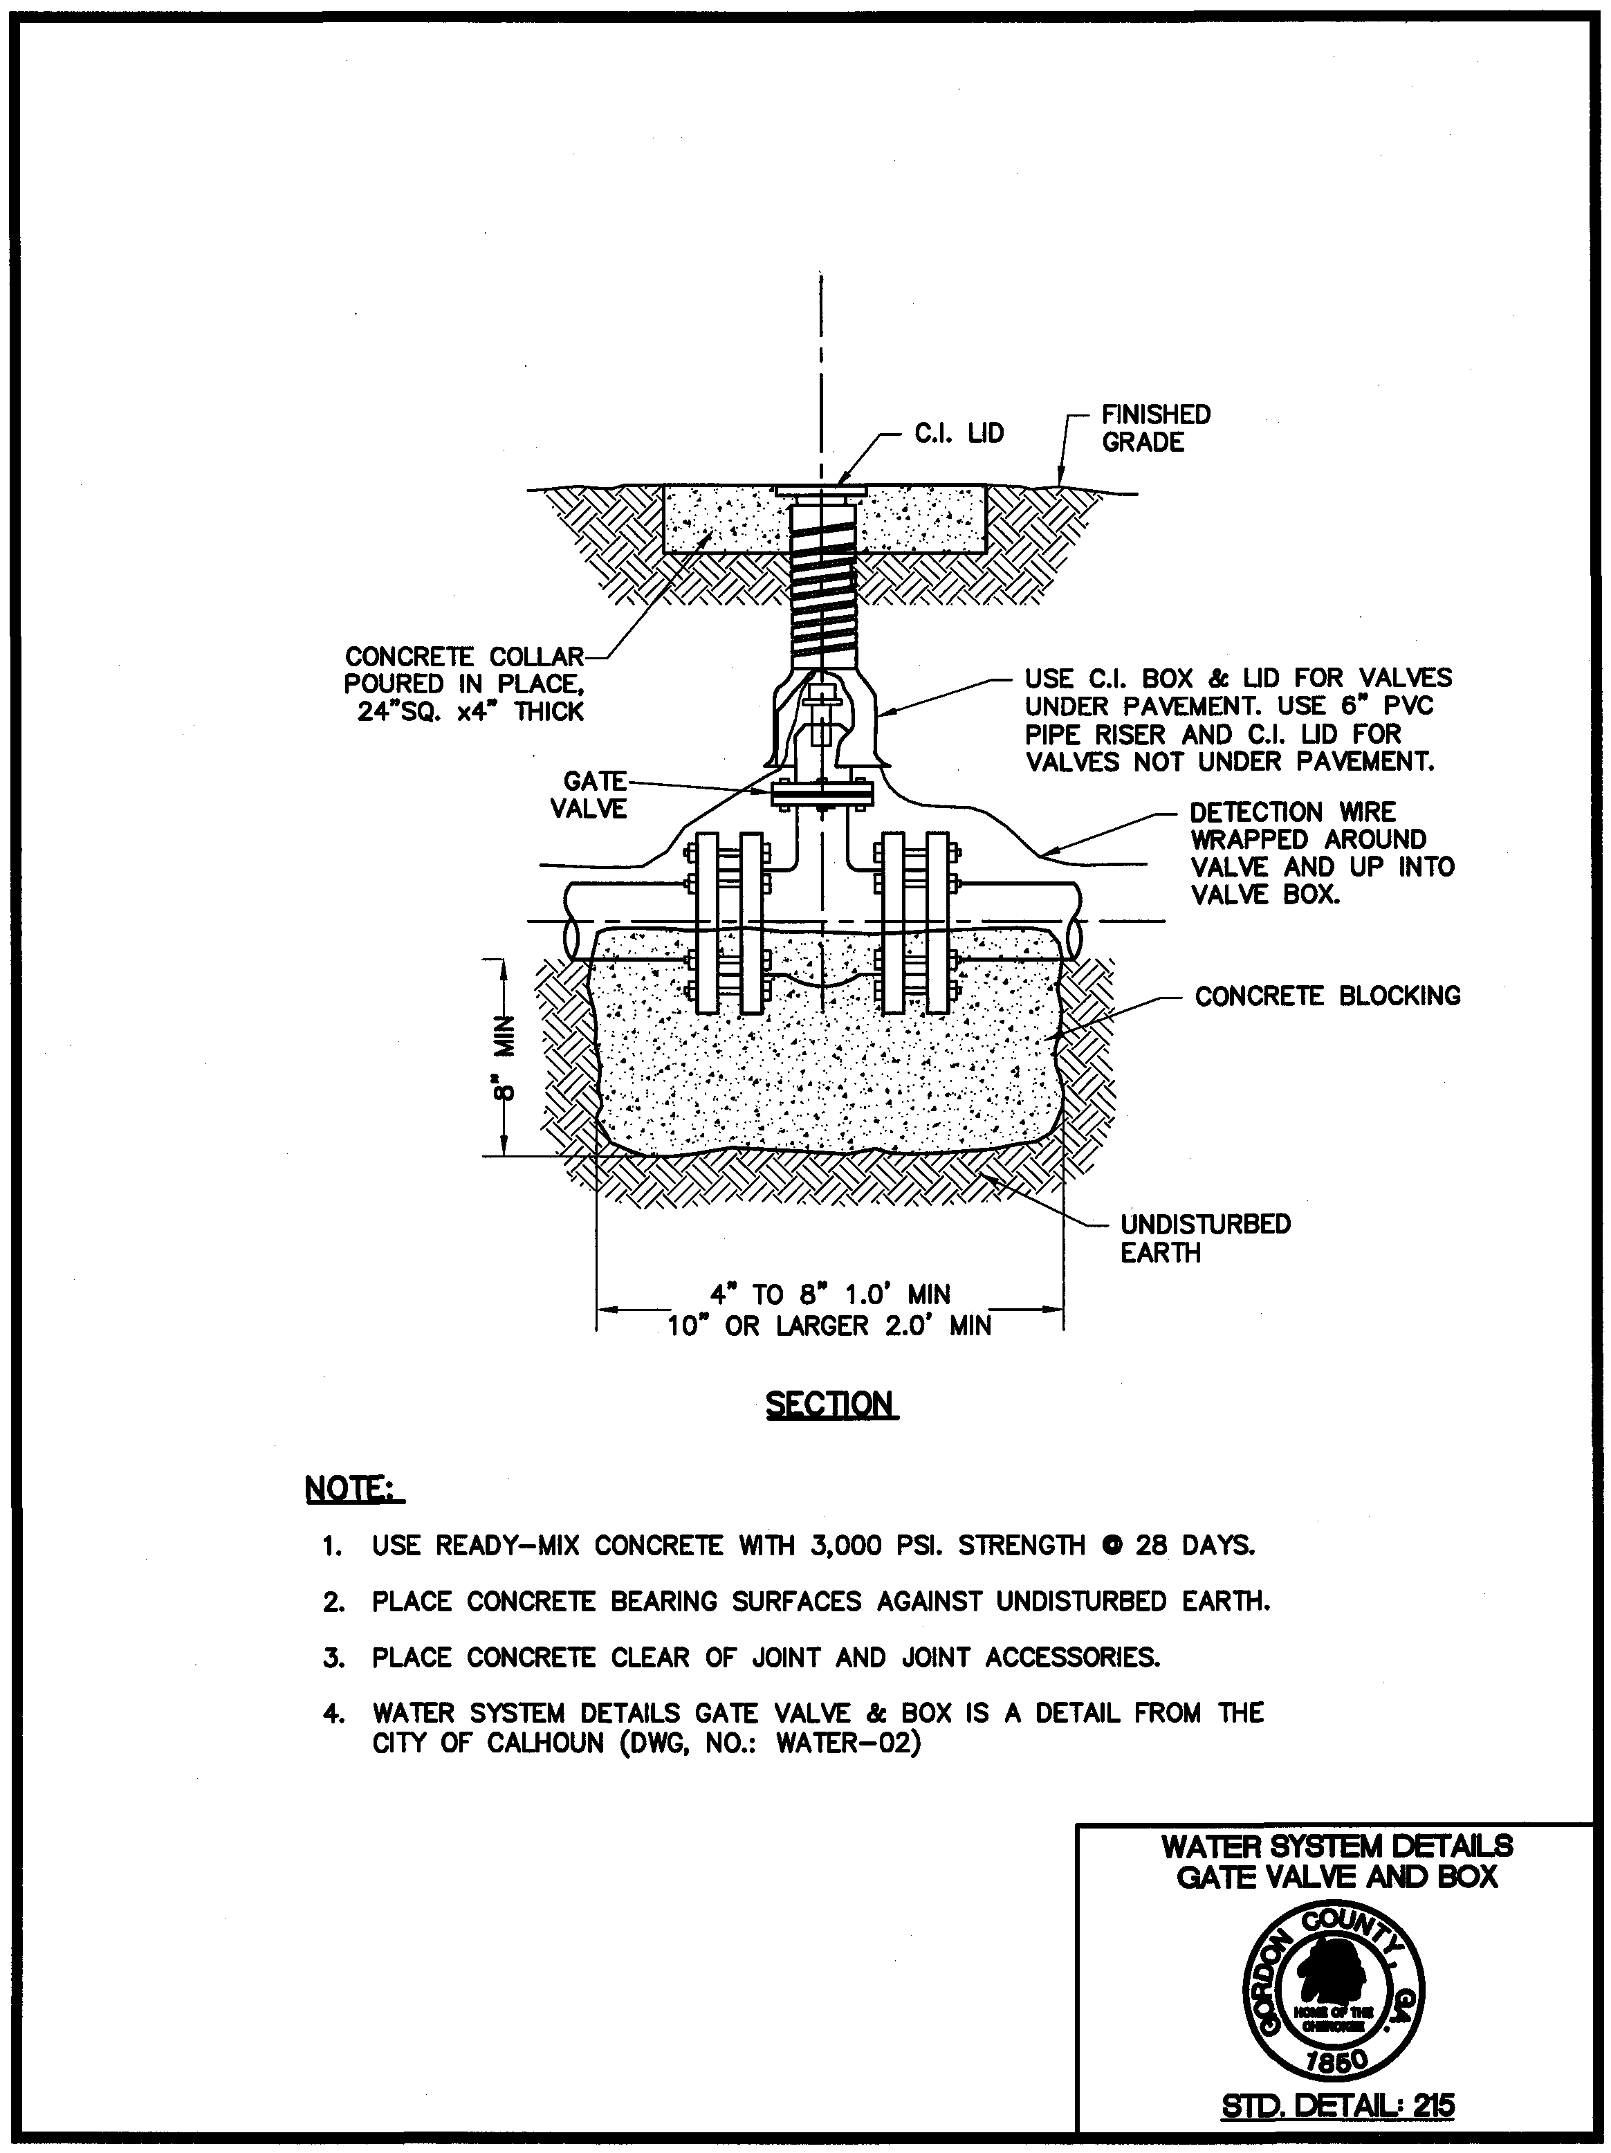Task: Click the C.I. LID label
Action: [x=958, y=433]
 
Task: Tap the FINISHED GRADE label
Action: [x=1155, y=428]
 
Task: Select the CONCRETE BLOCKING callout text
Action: [x=1327, y=996]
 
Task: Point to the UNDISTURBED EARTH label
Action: [x=1204, y=1238]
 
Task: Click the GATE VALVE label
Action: [x=589, y=795]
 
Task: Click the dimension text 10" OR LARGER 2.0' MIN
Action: [x=829, y=1326]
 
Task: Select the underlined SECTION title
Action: [x=830, y=1404]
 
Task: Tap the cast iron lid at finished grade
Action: [x=822, y=490]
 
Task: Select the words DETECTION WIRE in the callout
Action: [x=1291, y=812]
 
